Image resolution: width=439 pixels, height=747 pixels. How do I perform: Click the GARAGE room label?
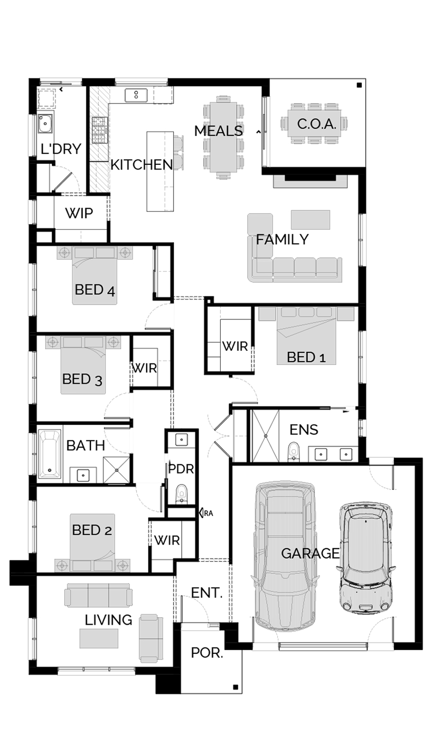pos(310,553)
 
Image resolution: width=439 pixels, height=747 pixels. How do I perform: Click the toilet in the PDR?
pos(181,494)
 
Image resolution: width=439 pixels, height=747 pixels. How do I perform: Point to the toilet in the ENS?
pos(293,452)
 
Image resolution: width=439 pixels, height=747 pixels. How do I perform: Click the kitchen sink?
pos(136,95)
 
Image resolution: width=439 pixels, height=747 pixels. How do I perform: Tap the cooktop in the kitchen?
pos(100,130)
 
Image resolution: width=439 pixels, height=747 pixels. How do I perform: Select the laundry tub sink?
pos(45,124)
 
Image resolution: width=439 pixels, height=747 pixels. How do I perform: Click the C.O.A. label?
pos(317,124)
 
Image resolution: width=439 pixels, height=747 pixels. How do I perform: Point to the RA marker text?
pos(208,513)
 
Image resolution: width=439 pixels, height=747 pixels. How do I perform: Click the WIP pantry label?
pos(79,213)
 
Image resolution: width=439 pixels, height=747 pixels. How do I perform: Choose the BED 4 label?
pos(95,290)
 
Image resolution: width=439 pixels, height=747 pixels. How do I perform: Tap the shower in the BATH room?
pos(116,470)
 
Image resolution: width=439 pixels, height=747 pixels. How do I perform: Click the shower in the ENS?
pos(266,436)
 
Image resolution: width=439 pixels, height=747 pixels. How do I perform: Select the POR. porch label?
pos(207,653)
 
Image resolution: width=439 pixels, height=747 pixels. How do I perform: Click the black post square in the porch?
pos(236,687)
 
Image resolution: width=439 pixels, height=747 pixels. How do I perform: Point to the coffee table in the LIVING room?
pos(99,638)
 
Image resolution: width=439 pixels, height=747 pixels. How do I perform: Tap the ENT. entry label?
pos(207,592)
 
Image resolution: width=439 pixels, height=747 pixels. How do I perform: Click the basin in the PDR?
pos(182,440)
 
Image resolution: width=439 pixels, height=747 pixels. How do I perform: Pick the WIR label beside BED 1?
pos(235,347)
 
